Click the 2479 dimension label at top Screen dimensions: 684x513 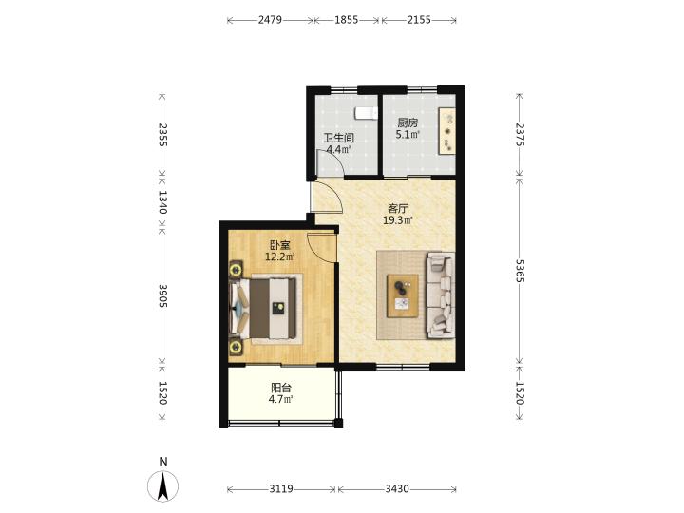270,20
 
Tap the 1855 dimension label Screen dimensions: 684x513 347,20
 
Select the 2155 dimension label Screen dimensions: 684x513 419,20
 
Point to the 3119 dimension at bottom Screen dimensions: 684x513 281,489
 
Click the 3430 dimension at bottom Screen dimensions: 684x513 397,489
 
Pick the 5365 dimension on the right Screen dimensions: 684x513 519,271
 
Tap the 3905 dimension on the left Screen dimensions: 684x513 162,295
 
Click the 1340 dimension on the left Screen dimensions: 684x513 162,202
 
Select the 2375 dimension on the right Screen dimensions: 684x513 519,134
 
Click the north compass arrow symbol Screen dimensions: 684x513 163,486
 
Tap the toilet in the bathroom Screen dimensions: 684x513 366,113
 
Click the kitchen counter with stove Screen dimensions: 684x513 447,130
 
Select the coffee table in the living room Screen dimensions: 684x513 403,295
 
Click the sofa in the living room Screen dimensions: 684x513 441,295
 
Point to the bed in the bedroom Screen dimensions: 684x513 266,309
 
